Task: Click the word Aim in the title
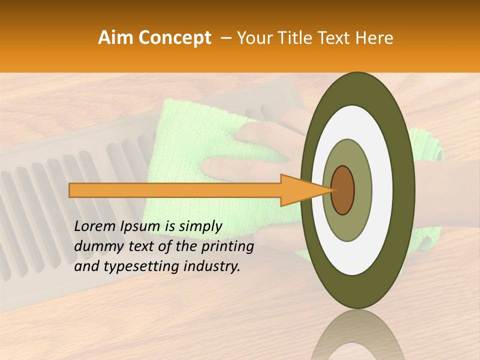coord(116,37)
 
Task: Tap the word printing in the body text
coord(228,247)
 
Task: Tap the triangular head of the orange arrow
coord(300,190)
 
